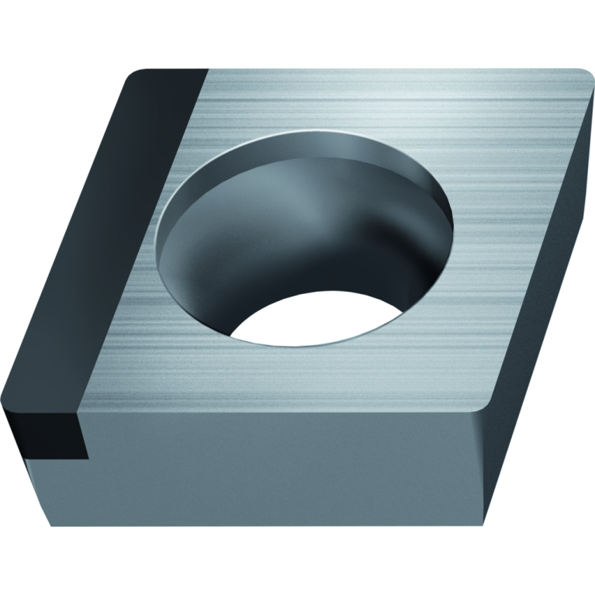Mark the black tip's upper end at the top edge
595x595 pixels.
tap(167, 71)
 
